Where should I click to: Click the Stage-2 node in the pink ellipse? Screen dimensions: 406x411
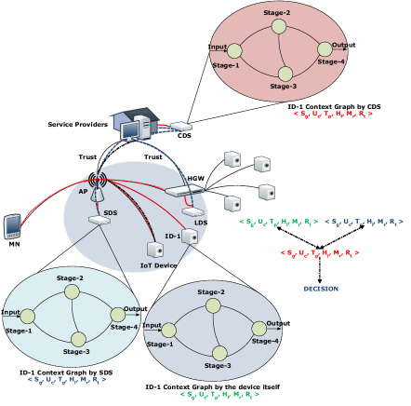279,26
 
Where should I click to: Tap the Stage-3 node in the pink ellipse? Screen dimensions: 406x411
285,73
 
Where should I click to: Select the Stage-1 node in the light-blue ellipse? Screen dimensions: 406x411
28,316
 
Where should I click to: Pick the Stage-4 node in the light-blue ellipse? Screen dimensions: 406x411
118,315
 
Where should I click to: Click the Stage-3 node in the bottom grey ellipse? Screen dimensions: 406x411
219,353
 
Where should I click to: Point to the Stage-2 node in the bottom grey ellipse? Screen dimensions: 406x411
213,305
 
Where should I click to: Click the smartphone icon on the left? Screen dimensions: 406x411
12,225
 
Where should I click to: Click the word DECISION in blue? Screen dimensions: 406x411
321,289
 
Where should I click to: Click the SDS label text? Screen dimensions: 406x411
111,213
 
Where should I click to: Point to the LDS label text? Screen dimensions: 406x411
201,223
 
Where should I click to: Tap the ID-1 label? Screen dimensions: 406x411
172,236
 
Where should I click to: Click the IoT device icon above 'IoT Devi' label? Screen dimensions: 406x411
154,250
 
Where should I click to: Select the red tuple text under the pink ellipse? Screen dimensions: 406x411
333,114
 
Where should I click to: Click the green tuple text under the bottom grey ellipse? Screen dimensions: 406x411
219,394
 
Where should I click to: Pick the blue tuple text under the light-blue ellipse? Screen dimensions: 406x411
66,379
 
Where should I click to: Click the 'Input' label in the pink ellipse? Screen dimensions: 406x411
218,47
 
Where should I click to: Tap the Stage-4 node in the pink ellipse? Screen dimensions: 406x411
325,49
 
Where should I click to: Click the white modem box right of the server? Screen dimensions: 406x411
181,126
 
